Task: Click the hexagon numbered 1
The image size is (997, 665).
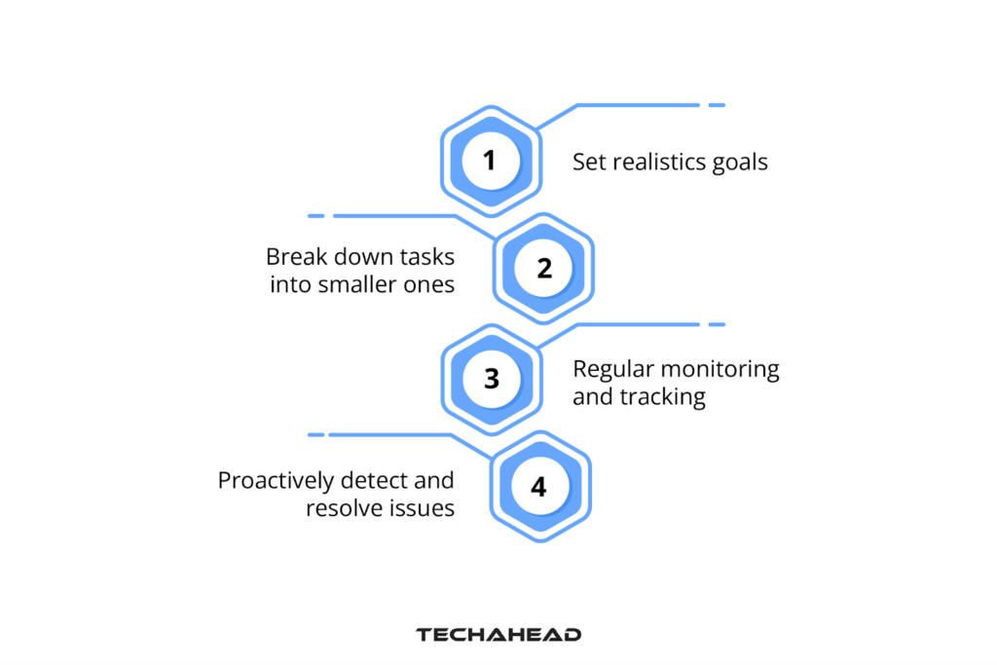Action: [489, 159]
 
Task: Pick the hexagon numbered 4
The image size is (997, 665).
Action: [539, 486]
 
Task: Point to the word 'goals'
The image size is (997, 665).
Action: [740, 163]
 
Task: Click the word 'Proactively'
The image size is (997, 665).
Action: [278, 481]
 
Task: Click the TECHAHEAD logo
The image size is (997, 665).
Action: [498, 635]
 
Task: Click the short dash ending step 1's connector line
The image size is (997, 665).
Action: [716, 104]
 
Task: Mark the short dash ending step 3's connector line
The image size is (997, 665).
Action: [716, 324]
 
